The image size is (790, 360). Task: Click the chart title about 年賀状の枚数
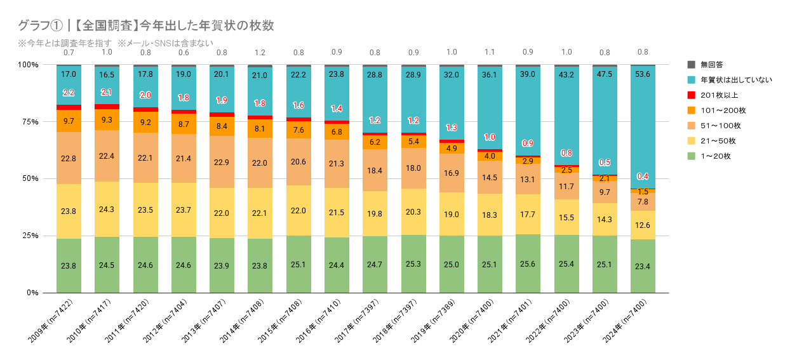pos(147,25)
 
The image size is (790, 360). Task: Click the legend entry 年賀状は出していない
pos(730,80)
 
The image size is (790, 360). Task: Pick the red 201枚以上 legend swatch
pos(692,95)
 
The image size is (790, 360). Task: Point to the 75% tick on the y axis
pos(28,122)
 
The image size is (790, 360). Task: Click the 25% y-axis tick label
pos(28,236)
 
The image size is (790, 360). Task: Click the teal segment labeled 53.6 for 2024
pos(643,127)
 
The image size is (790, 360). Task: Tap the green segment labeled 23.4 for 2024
pos(643,266)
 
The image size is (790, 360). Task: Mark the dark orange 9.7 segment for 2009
pos(69,121)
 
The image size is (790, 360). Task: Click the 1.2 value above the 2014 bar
pos(260,52)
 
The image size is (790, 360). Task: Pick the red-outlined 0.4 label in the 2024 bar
pos(643,176)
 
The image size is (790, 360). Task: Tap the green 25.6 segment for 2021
pos(528,263)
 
